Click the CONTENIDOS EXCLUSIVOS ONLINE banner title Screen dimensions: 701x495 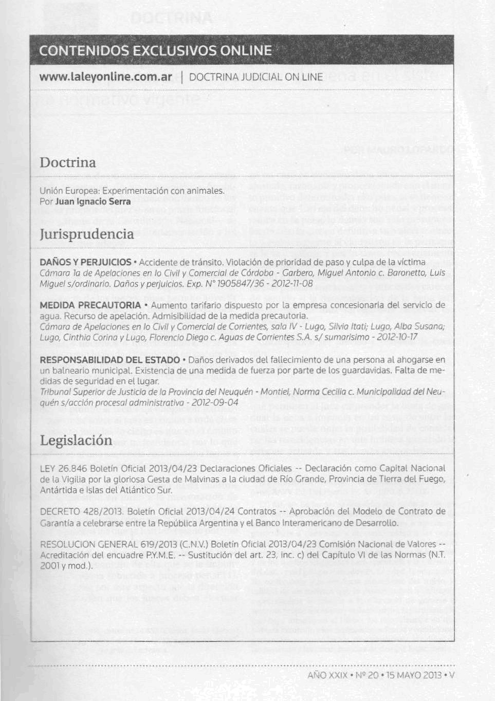pos(155,50)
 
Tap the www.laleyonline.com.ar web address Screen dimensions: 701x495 pos(105,78)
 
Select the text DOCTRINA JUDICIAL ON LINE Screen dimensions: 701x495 pos(256,78)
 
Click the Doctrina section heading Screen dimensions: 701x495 pos(68,162)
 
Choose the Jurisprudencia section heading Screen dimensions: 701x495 pos(86,234)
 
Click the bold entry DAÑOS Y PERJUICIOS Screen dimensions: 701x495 pos(85,263)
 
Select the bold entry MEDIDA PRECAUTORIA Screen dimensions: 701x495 pos(90,305)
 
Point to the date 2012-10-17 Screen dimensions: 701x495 pos(396,337)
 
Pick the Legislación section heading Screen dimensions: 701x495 pos(76,440)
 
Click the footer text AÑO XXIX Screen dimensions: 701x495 pos(327,675)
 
